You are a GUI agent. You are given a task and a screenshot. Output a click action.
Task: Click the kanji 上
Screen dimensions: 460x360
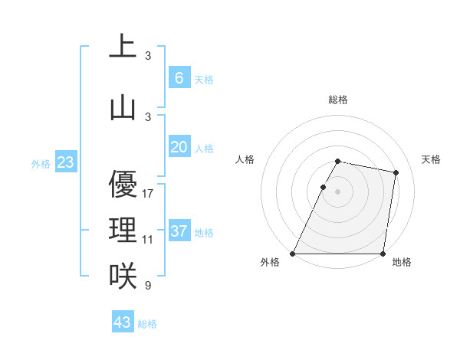click(123, 46)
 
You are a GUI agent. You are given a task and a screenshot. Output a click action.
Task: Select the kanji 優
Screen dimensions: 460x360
click(123, 184)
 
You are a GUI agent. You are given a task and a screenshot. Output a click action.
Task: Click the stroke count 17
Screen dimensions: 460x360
click(148, 194)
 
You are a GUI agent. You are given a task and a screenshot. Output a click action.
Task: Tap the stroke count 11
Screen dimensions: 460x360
click(148, 240)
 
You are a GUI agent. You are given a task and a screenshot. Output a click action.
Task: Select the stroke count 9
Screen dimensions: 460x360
click(148, 286)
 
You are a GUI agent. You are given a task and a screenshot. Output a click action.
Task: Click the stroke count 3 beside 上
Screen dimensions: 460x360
click(148, 56)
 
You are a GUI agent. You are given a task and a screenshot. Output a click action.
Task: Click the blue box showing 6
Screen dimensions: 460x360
click(179, 77)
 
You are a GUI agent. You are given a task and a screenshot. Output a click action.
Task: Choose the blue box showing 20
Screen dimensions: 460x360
click(179, 147)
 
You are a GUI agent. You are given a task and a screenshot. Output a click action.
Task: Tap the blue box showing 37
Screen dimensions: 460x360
click(179, 231)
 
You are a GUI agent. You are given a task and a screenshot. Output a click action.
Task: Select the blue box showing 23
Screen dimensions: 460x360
click(65, 162)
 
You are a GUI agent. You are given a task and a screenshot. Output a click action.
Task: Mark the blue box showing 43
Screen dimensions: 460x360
click(123, 322)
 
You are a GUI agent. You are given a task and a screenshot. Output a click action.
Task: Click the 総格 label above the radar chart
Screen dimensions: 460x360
click(338, 100)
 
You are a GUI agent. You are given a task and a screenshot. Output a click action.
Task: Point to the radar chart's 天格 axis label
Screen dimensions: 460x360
click(432, 159)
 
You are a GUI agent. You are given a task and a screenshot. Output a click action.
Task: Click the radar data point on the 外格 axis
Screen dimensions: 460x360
click(293, 254)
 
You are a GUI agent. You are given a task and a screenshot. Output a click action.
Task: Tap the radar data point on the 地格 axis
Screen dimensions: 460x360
click(383, 254)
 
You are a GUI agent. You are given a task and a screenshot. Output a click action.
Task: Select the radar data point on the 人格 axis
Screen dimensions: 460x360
click(323, 187)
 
